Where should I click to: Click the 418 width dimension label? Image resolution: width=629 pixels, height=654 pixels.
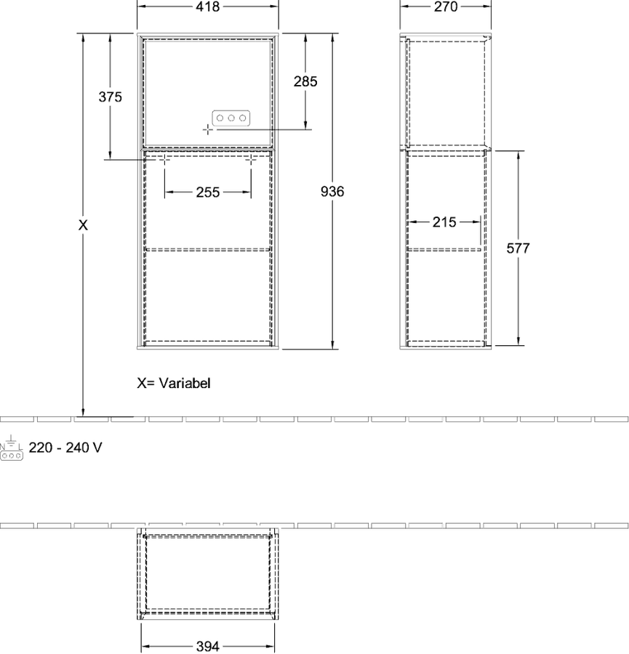[x=208, y=7]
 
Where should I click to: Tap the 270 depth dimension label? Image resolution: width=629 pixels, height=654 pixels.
[x=446, y=7]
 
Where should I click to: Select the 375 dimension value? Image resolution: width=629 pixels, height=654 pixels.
[x=111, y=97]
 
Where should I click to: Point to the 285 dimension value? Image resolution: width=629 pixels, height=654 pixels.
[x=305, y=81]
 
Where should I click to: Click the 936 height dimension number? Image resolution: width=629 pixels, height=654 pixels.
[x=332, y=191]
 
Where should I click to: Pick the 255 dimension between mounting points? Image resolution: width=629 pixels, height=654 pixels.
[x=208, y=193]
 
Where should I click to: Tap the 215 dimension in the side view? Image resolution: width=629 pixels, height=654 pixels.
[x=444, y=222]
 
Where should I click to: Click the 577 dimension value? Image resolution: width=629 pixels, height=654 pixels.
[x=518, y=249]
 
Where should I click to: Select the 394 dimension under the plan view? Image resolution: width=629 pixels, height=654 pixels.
[x=208, y=647]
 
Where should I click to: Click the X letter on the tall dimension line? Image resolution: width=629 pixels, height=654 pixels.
[x=83, y=225]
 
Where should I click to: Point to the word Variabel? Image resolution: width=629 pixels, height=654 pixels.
[x=185, y=383]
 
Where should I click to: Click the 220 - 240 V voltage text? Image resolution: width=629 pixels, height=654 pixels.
[x=65, y=448]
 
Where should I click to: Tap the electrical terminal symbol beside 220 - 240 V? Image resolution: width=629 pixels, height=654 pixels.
[x=11, y=448]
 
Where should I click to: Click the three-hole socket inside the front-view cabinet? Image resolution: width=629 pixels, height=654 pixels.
[x=231, y=118]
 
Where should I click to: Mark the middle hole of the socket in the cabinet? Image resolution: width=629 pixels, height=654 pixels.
[x=231, y=118]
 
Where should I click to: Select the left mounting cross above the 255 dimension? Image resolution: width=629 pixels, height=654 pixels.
[x=164, y=159]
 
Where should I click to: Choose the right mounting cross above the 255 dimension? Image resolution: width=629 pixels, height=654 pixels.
[x=251, y=159]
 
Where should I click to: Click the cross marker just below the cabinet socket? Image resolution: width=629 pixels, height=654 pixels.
[x=207, y=130]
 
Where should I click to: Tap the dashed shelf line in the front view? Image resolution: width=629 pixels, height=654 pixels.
[x=208, y=250]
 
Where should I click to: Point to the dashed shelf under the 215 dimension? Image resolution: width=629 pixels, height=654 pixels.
[x=444, y=250]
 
